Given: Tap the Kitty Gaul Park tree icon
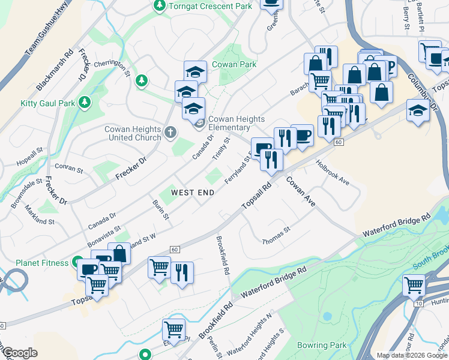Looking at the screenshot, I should (85, 103).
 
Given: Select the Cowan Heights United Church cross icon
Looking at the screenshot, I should (170, 132).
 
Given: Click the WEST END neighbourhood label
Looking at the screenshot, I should (193, 193).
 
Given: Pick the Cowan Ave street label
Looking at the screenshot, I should (300, 192).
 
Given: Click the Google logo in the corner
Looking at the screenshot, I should (20, 353).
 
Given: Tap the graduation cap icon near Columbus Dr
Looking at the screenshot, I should (417, 111).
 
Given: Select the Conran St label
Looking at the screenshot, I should (68, 169).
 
